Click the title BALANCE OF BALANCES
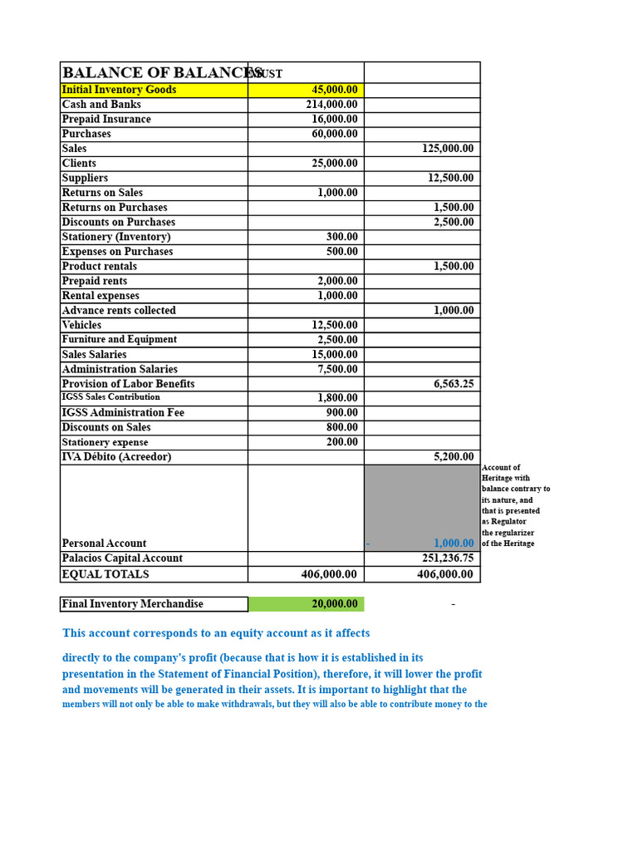(x=162, y=73)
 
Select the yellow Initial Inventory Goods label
(x=119, y=90)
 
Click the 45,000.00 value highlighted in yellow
(x=335, y=90)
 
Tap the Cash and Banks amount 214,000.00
(x=331, y=105)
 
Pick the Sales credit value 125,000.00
(x=448, y=149)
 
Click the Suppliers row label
(x=85, y=178)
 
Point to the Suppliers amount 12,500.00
(x=451, y=178)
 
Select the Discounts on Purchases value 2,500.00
(x=454, y=222)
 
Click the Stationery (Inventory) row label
(x=115, y=237)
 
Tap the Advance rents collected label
(x=119, y=311)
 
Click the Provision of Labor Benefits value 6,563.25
(x=454, y=384)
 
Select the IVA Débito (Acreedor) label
(x=116, y=457)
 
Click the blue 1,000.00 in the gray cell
(x=454, y=544)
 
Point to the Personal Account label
(x=104, y=544)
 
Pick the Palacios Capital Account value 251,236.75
(x=448, y=558)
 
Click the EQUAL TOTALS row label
(x=106, y=574)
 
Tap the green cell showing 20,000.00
(x=335, y=604)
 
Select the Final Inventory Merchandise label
(x=132, y=604)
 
